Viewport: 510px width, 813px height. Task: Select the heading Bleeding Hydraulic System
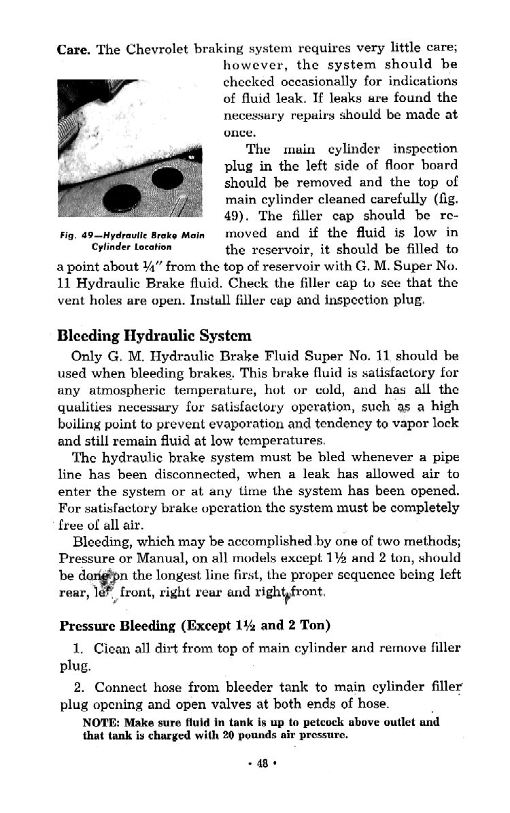click(x=154, y=335)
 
